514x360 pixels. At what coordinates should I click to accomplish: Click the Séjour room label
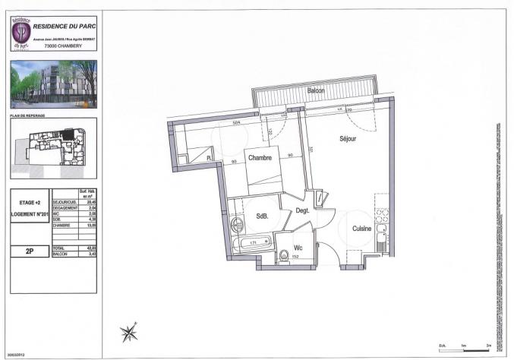[348, 139]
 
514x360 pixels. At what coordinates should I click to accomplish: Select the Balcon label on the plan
[317, 90]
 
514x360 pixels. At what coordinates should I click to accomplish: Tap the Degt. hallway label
[302, 210]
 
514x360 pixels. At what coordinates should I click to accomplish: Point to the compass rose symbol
[130, 331]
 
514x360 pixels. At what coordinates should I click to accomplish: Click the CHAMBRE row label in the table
[61, 226]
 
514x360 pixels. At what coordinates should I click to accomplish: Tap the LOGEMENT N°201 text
[30, 214]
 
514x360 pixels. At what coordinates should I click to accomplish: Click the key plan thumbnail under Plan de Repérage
[54, 147]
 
